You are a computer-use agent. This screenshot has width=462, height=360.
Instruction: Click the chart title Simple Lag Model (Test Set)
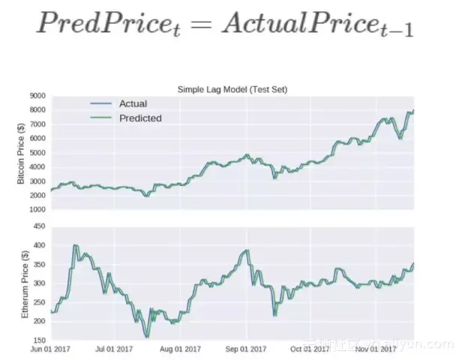click(232, 89)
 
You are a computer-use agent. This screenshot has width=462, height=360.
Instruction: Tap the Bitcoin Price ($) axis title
click(21, 153)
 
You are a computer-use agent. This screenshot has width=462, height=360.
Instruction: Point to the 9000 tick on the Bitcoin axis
click(37, 96)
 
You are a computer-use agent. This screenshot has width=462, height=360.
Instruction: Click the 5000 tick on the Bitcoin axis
click(37, 153)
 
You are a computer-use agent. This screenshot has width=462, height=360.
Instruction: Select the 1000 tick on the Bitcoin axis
click(37, 210)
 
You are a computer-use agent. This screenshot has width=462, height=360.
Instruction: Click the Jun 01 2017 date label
click(51, 349)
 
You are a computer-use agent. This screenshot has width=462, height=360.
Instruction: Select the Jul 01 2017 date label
click(116, 349)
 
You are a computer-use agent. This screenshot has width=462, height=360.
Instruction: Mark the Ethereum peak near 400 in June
click(76, 245)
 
